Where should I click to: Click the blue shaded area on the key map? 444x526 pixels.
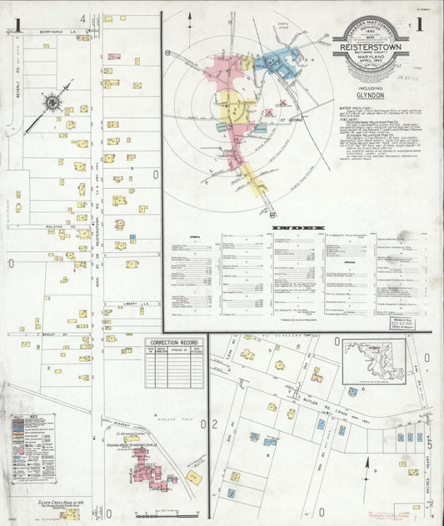[275, 62]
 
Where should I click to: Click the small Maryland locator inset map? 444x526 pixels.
[373, 360]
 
